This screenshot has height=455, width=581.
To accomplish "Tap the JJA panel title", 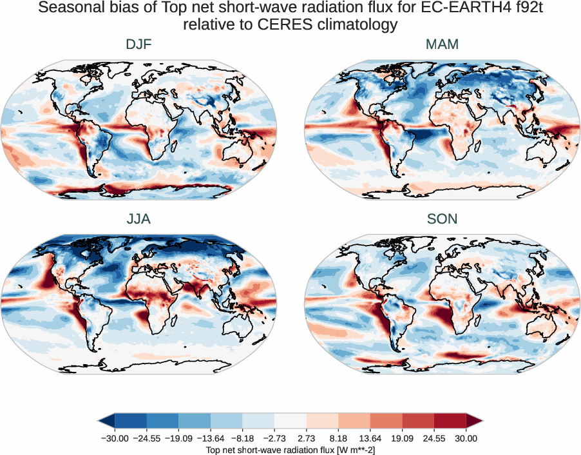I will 139,219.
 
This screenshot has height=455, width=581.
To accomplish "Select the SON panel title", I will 442,219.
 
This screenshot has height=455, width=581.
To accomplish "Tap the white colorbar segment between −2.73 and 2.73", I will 290,421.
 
